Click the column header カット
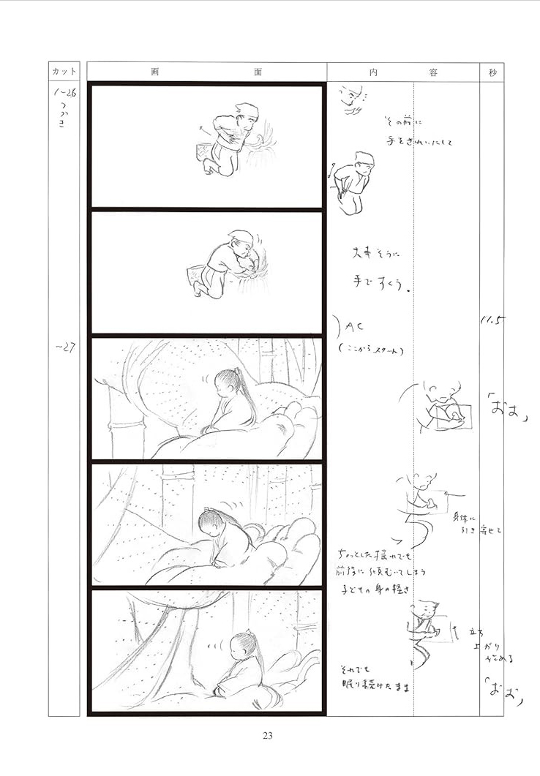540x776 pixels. coord(64,72)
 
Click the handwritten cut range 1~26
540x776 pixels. coord(64,94)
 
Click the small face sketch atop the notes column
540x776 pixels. coord(354,100)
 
